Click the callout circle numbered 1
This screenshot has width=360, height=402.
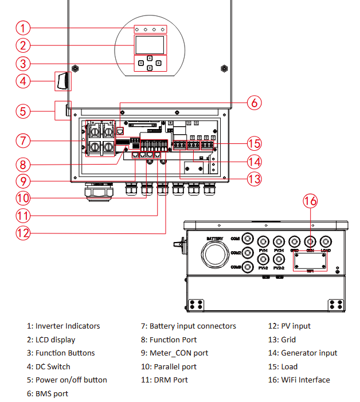(22, 28)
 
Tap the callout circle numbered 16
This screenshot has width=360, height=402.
(310, 201)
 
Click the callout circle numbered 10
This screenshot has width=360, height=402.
(22, 198)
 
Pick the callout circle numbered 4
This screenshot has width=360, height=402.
(22, 81)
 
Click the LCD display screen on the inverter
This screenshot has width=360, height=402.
(149, 45)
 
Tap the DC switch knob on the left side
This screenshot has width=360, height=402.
(62, 81)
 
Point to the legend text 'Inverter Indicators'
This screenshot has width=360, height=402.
(68, 326)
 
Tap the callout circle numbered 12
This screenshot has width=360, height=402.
(22, 233)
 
